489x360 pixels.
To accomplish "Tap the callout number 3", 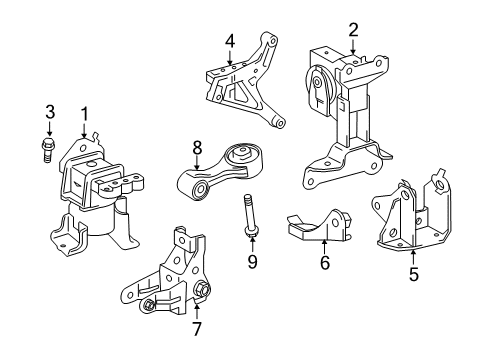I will pyautogui.click(x=49, y=112).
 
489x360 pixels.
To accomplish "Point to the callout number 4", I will pyautogui.click(x=229, y=41).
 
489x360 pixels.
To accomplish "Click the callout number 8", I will pyautogui.click(x=196, y=146).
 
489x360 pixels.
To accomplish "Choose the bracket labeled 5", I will pyautogui.click(x=409, y=217).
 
